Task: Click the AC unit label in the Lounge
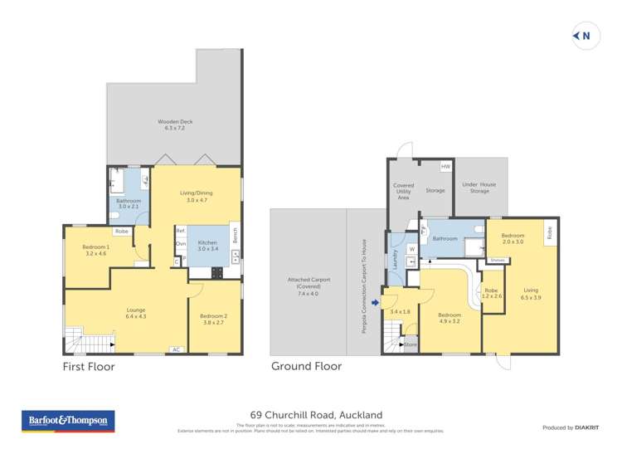coord(176,349)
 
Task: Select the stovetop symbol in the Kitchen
coord(218,271)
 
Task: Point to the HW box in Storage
coord(445,167)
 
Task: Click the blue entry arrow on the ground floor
coord(375,302)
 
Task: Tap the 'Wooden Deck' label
coord(174,125)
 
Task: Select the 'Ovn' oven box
coord(180,243)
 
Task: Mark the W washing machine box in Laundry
coord(412,248)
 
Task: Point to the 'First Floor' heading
coord(89,366)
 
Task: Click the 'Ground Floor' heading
coord(305,366)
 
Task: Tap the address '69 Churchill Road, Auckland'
coord(316,414)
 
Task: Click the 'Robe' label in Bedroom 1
coord(121,231)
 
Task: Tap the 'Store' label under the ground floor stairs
coord(409,344)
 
